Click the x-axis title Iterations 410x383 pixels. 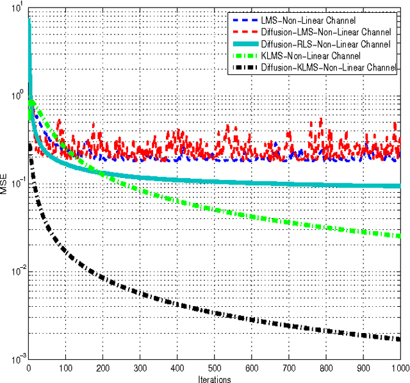(214, 379)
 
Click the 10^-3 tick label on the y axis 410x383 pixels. (16, 359)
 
